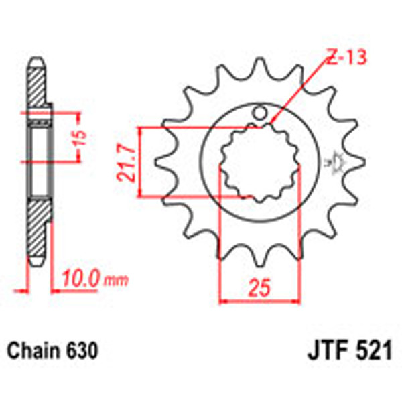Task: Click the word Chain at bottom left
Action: click(x=31, y=350)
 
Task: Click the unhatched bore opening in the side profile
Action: click(x=40, y=161)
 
